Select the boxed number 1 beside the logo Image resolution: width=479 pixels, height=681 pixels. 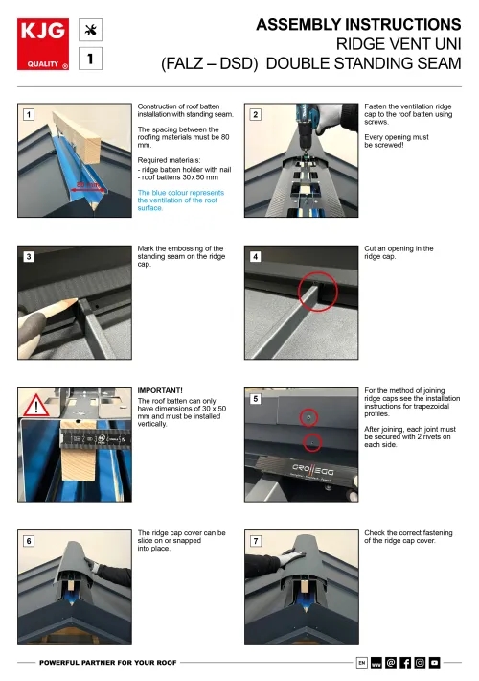[91, 59]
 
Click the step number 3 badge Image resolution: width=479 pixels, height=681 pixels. [29, 257]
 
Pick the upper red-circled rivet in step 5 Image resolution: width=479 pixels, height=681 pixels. [308, 418]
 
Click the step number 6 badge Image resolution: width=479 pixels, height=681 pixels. [29, 541]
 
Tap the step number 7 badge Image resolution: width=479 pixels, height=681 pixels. [256, 541]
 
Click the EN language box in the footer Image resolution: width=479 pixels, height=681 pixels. [361, 662]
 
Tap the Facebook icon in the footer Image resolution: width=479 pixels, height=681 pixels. [404, 662]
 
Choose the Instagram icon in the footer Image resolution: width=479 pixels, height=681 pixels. [420, 662]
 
